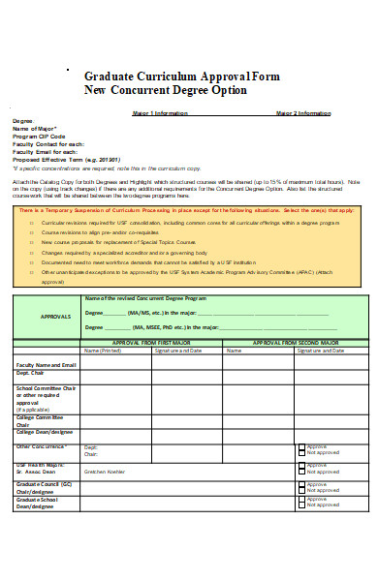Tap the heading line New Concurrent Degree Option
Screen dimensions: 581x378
pyautogui.click(x=166, y=90)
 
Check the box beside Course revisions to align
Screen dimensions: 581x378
pyautogui.click(x=31, y=231)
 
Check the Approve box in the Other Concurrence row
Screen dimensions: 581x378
pyautogui.click(x=301, y=447)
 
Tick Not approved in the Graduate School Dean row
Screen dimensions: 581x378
pyautogui.click(x=301, y=505)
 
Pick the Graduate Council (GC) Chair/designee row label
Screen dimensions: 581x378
pyautogui.click(x=39, y=485)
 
